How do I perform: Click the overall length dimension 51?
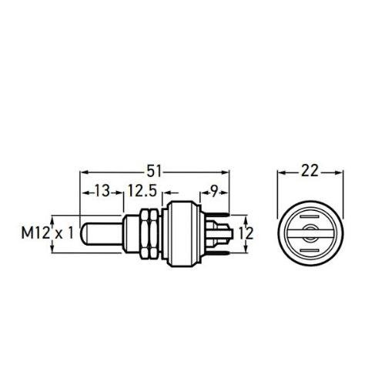point(155,171)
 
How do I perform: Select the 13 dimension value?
point(102,191)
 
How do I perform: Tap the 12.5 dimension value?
point(142,191)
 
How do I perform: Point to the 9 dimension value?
point(214,191)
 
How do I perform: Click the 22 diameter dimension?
point(310,171)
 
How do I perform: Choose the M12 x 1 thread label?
point(48,233)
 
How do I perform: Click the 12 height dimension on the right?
point(246,233)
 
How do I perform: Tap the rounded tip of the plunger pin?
point(84,233)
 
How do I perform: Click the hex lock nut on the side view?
point(149,233)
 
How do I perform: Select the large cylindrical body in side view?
point(182,233)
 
